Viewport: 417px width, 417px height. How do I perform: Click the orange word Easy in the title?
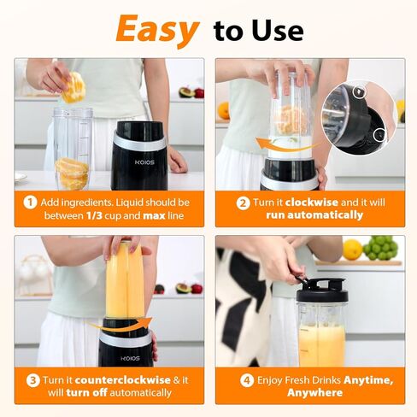[157, 30]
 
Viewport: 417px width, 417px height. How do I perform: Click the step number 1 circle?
[30, 203]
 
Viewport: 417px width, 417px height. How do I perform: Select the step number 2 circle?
[243, 203]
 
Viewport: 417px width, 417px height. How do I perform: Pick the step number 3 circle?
[33, 380]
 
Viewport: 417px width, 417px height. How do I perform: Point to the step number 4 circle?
[247, 380]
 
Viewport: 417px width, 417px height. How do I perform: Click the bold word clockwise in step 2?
[312, 203]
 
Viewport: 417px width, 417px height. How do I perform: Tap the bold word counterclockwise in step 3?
[123, 380]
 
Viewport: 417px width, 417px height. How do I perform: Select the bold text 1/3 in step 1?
[94, 215]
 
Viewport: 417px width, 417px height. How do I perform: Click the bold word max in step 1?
[154, 215]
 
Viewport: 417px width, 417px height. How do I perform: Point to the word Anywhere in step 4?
[314, 393]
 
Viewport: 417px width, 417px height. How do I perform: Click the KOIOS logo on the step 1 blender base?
[144, 162]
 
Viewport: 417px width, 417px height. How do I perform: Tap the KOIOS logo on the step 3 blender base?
[130, 358]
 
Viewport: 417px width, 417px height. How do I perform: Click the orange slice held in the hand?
[73, 87]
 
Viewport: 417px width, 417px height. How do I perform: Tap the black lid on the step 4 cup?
[322, 291]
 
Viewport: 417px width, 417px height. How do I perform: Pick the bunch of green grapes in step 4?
[380, 248]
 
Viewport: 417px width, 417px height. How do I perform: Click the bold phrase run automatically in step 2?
[314, 215]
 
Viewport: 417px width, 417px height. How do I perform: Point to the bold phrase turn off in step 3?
[86, 393]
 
